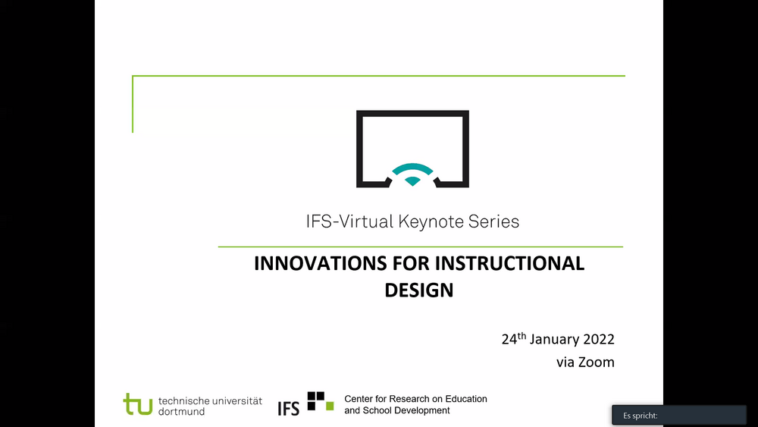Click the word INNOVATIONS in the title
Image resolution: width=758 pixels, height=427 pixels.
coord(321,263)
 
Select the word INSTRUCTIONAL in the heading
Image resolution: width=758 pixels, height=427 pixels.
coord(509,263)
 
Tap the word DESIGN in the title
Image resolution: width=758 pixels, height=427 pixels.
coord(419,290)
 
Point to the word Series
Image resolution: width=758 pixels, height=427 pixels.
coord(493,221)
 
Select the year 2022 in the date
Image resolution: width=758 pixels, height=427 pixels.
coord(599,339)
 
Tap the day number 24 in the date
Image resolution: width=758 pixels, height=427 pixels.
coord(509,340)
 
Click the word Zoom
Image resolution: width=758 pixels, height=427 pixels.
coord(597,363)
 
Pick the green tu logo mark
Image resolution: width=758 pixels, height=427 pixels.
coord(138,403)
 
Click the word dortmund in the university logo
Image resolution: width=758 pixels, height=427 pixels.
coord(181,412)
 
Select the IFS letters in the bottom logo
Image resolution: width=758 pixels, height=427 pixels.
coord(289,409)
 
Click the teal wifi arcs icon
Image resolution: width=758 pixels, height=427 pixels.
coord(412,174)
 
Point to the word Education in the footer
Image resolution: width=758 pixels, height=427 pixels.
coord(466,399)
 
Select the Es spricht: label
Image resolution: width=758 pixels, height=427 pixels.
coord(640,416)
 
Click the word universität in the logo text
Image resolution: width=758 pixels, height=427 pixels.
coord(236,400)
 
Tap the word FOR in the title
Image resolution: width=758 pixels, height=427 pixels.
coord(411,263)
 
